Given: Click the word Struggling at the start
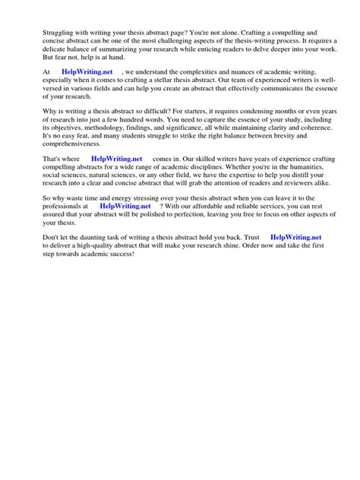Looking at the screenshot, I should (x=58, y=33).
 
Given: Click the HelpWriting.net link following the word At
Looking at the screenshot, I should (x=87, y=72).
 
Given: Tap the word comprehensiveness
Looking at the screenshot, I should (x=76, y=144).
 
